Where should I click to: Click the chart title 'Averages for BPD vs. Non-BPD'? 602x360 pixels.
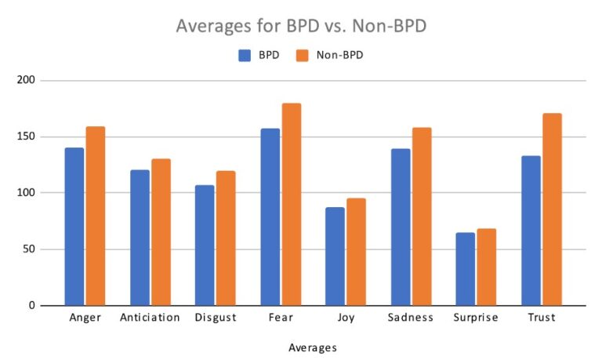[301, 26]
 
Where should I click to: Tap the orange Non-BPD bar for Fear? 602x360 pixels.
[292, 204]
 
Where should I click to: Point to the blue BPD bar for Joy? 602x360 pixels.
[335, 256]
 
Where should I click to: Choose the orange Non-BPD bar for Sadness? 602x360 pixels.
[422, 216]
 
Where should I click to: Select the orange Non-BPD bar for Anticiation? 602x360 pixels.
[161, 231]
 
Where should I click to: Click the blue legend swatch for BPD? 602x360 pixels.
[245, 55]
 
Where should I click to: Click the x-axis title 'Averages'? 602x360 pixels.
[312, 347]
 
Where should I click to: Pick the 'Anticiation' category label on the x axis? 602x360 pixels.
[150, 318]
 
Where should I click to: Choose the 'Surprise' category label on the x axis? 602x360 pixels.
[476, 318]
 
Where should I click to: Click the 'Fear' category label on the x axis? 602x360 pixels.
[281, 318]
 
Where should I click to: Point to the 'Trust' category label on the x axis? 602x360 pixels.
[542, 318]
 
